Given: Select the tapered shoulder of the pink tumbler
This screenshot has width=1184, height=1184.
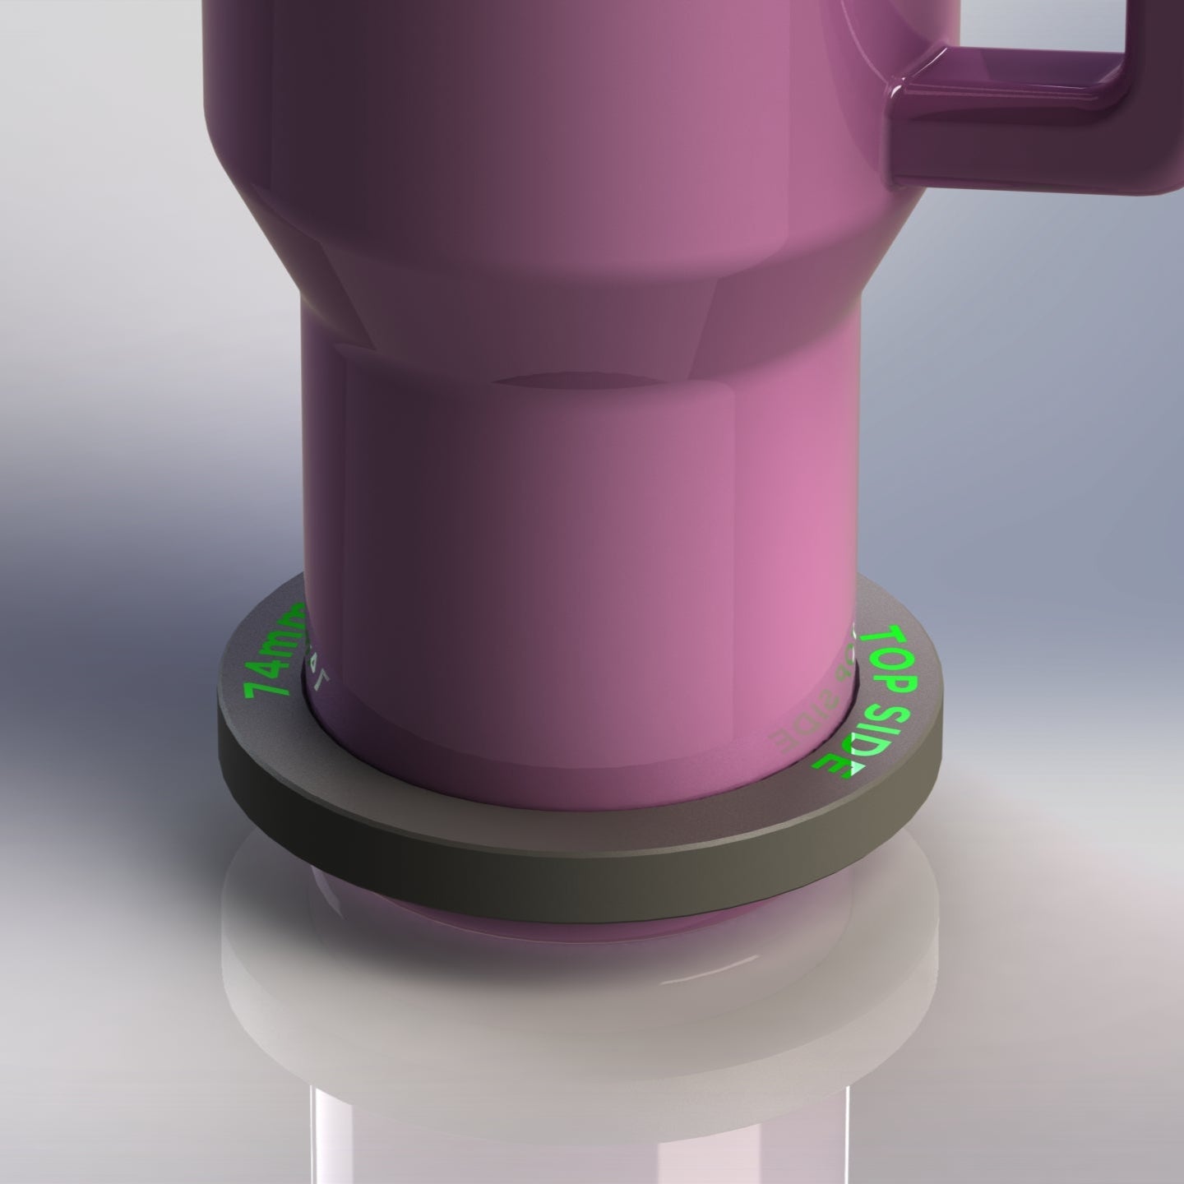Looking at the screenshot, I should tap(526, 271).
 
